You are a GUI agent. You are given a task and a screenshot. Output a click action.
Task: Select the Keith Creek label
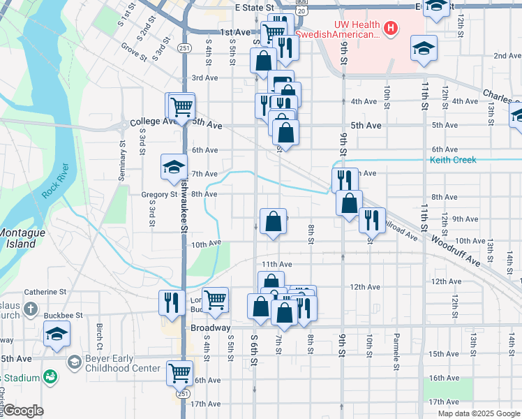pyautogui.click(x=453, y=160)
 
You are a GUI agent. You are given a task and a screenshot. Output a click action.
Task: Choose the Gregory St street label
pyautogui.click(x=159, y=195)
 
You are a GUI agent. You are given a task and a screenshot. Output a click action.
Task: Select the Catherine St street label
pyautogui.click(x=45, y=292)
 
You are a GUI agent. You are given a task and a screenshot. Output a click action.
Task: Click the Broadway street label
pyautogui.click(x=210, y=328)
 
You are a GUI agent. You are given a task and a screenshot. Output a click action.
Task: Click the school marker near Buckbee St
pyautogui.click(x=57, y=333)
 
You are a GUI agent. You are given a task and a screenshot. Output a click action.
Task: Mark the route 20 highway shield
pyautogui.click(x=301, y=11)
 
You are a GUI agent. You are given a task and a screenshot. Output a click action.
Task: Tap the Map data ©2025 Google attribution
pyautogui.click(x=478, y=413)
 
